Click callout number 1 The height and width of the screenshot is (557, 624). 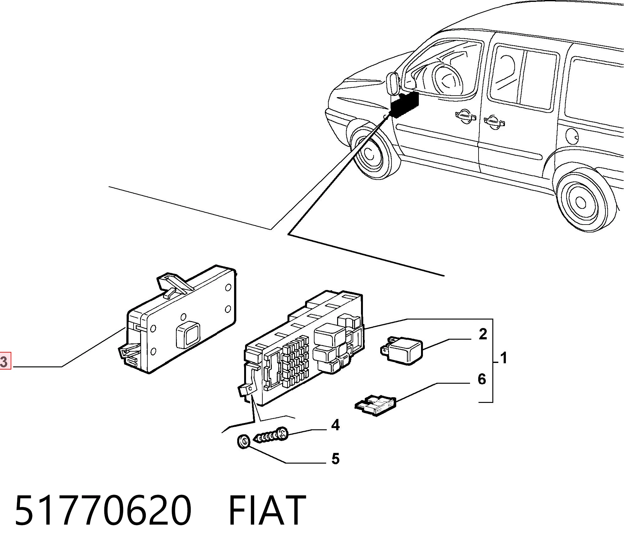(504, 358)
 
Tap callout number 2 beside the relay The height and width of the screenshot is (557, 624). (483, 334)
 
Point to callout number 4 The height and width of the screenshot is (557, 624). (336, 425)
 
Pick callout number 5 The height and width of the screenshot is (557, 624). (336, 459)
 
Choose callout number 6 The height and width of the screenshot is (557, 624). (482, 379)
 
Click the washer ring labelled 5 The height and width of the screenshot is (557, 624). (243, 441)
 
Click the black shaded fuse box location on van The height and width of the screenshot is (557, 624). (405, 105)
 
